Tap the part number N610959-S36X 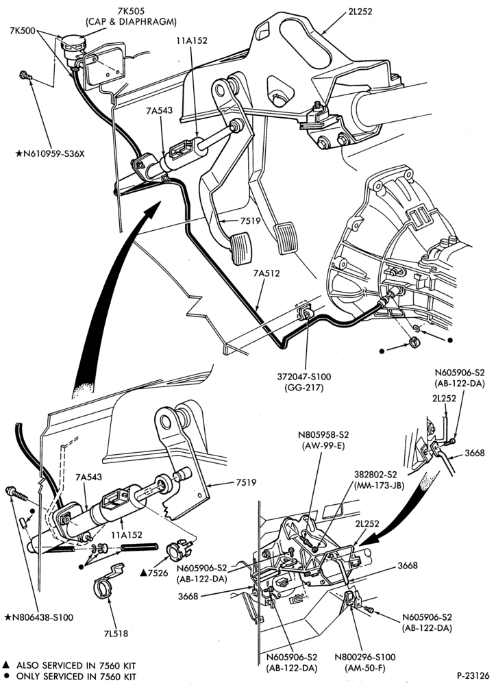pyautogui.click(x=50, y=153)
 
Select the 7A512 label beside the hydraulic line pyautogui.click(x=266, y=273)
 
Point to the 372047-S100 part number pyautogui.click(x=305, y=377)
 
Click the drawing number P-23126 pyautogui.click(x=473, y=675)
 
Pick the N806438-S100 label pyautogui.click(x=39, y=617)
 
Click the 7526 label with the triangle pyautogui.click(x=154, y=572)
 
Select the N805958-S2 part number pyautogui.click(x=324, y=435)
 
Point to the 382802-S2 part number pyautogui.click(x=375, y=475)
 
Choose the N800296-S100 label pyautogui.click(x=365, y=657)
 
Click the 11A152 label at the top pyautogui.click(x=192, y=40)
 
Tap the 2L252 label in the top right pyautogui.click(x=360, y=12)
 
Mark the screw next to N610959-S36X pyautogui.click(x=25, y=76)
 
